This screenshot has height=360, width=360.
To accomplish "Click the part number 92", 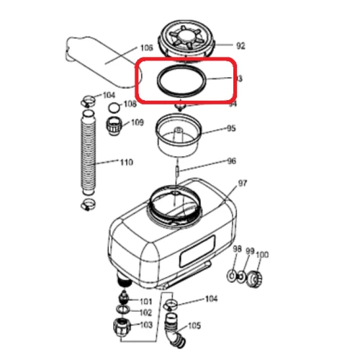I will (x=240, y=45).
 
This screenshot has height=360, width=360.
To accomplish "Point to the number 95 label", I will (x=231, y=130).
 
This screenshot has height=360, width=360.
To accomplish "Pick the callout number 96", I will (x=231, y=161).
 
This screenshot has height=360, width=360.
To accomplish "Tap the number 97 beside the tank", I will (x=243, y=184).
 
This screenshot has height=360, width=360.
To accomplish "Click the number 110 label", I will (x=126, y=163).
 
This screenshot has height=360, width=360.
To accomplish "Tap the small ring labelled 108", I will (x=112, y=108).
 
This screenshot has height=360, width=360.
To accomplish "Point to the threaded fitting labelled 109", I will (x=114, y=127).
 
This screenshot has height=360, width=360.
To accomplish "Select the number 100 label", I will (x=262, y=254).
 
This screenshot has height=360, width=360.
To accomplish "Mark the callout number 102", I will (x=145, y=312).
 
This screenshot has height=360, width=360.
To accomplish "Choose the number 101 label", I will (x=145, y=301).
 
